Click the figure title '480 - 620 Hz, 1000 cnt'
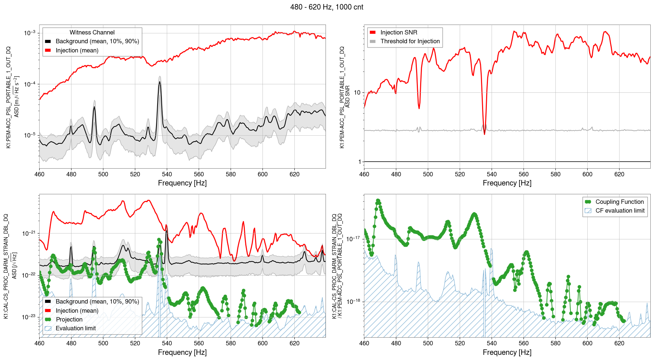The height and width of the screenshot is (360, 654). click(327, 7)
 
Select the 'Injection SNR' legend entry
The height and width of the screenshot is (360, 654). click(398, 33)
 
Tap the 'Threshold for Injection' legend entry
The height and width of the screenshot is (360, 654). click(410, 41)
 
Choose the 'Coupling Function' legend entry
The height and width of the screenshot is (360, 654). click(619, 202)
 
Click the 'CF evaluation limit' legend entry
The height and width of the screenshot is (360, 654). click(620, 211)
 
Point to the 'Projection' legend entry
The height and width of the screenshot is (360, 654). click(69, 320)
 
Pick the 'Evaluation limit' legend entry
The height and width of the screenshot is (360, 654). click(76, 328)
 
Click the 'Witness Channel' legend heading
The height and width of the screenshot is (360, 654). click(92, 33)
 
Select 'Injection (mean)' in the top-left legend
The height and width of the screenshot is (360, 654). click(77, 51)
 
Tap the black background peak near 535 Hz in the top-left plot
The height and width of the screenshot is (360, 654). click(159, 82)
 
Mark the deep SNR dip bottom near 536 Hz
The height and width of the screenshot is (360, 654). click(484, 134)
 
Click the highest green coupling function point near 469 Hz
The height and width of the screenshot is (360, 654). click(378, 201)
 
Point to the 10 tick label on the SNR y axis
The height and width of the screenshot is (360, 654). click(357, 93)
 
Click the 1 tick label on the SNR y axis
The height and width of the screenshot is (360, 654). click(359, 162)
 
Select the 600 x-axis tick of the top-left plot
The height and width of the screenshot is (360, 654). click(262, 175)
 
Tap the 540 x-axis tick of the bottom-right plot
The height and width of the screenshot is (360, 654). click(492, 344)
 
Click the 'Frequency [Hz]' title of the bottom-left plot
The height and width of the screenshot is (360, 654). click(182, 352)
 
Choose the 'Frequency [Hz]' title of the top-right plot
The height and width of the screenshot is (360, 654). click(507, 183)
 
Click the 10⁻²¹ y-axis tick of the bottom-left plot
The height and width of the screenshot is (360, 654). click(29, 234)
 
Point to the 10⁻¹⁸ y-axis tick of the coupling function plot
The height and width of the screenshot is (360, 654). click(353, 302)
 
